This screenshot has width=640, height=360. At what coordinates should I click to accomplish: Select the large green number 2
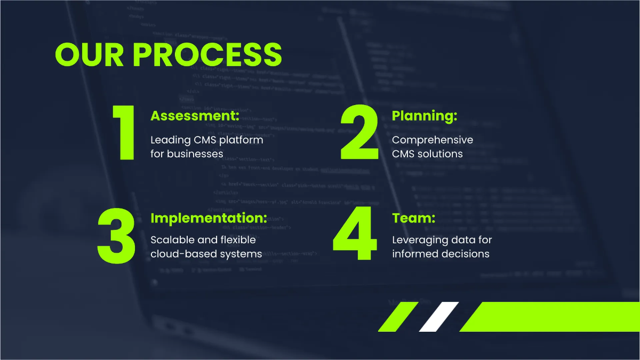coord(360,133)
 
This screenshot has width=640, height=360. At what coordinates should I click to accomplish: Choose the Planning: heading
coord(425,116)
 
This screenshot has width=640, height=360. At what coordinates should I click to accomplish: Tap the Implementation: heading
coord(209,218)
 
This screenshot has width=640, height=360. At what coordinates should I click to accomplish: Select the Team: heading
coord(413,218)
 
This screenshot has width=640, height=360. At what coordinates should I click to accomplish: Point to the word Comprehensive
coord(433,140)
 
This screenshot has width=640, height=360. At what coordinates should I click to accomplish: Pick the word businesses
coord(195,154)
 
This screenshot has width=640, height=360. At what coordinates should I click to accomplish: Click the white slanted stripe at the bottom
coord(438,317)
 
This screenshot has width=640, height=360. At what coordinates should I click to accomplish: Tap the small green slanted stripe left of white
coord(398,317)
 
